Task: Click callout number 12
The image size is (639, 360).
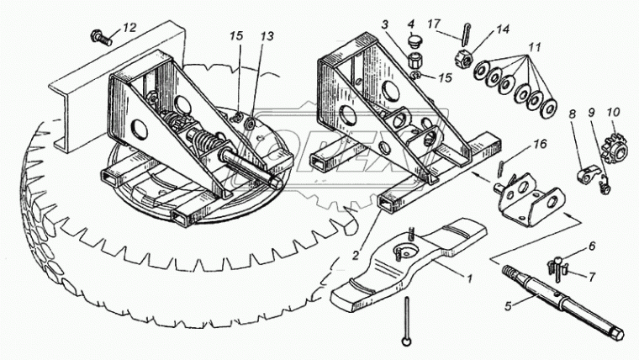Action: (x=128, y=29)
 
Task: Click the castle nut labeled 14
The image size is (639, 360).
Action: (x=464, y=60)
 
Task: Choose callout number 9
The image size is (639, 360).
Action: (x=592, y=111)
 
